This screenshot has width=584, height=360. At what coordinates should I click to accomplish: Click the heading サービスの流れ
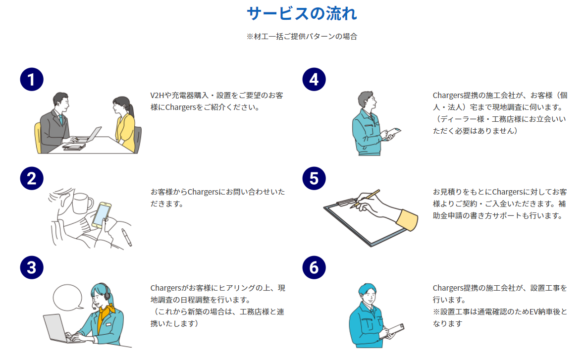302,13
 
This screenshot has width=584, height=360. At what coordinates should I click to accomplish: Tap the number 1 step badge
32,79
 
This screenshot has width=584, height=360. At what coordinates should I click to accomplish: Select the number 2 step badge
32,178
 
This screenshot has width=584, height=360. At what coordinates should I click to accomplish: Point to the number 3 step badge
32,267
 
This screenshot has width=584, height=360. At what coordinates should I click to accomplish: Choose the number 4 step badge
314,79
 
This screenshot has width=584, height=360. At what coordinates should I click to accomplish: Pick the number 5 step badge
314,178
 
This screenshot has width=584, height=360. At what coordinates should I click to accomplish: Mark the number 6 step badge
314,267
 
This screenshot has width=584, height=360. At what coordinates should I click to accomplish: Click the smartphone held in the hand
102,214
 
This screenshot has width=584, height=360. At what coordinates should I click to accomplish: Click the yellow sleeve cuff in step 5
407,219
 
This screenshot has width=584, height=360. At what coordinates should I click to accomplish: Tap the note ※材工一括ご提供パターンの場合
302,36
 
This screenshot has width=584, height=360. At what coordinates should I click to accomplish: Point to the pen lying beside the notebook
127,237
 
